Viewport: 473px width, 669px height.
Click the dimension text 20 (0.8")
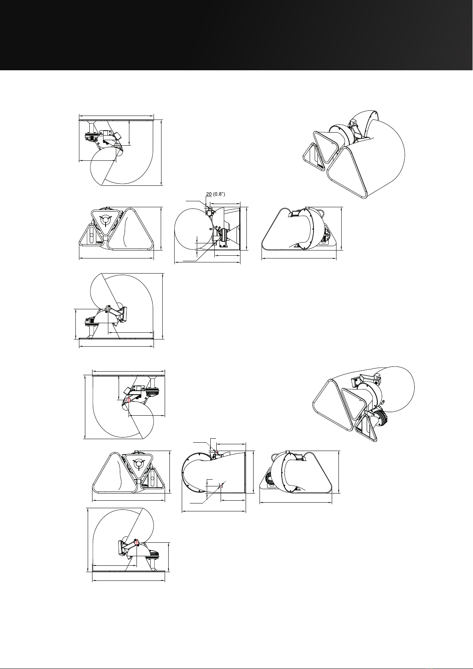coord(215,194)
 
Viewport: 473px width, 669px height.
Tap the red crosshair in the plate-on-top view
coord(129,399)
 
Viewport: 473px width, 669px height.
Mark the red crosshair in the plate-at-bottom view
coord(137,543)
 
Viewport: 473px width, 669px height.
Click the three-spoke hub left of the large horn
coord(106,220)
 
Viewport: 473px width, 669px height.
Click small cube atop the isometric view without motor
coord(354,122)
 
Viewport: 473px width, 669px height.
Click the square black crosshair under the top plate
coord(117,145)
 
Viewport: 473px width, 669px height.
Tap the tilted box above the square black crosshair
coord(117,136)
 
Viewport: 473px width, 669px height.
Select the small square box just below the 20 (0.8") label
coord(209,212)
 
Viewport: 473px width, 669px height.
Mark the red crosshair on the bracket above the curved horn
coord(216,453)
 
